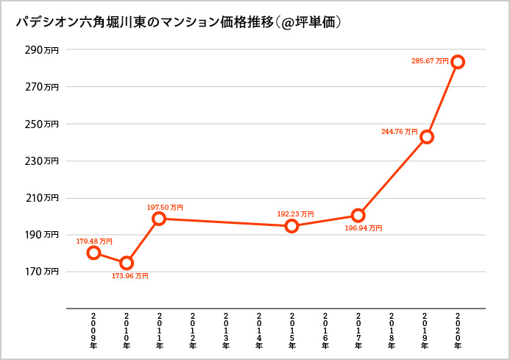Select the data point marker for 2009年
[x=93, y=253]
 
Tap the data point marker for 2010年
[x=127, y=263]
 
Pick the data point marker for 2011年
[x=159, y=219]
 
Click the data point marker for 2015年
[x=292, y=226]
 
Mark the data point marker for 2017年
[x=358, y=216]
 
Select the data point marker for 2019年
[x=426, y=137]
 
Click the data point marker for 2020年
[x=458, y=62]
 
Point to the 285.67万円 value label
[x=430, y=61]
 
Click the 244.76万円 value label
[x=400, y=132]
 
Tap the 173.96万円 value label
[x=130, y=276]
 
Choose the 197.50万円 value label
[x=166, y=208]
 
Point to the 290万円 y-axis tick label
[x=40, y=50]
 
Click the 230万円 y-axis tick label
[x=40, y=160]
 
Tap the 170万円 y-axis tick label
[x=40, y=272]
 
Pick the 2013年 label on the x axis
[x=226, y=329]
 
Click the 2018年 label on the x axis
[x=392, y=329]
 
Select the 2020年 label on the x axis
[x=458, y=329]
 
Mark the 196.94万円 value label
[x=364, y=228]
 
